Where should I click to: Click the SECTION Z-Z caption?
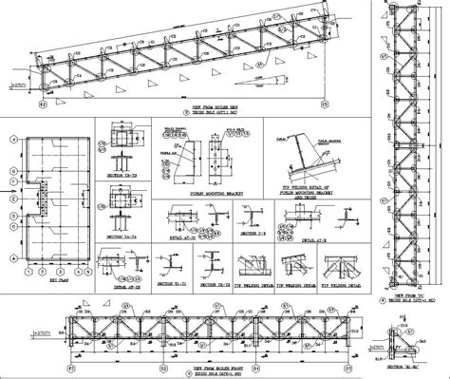252,231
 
